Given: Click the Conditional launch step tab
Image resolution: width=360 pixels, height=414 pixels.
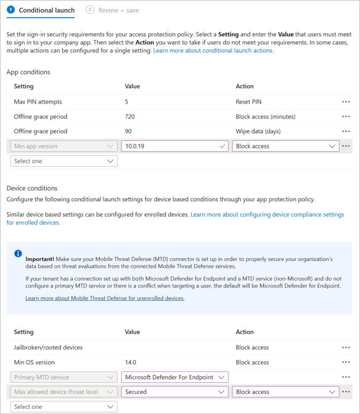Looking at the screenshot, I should pos(46,10).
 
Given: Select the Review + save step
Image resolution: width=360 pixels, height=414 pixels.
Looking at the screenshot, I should pos(117,10).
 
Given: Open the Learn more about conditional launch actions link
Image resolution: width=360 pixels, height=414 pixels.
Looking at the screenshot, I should pos(213,51).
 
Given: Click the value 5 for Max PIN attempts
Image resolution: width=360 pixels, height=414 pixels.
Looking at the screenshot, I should pos(127,102).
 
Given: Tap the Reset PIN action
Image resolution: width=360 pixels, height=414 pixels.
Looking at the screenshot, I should pos(248,102).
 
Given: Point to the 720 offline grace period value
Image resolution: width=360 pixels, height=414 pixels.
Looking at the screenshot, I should pos(130,117).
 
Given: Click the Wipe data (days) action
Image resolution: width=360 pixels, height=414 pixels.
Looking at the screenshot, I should pos(258,131).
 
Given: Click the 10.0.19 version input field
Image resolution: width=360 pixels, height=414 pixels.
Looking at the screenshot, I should pos(167,146).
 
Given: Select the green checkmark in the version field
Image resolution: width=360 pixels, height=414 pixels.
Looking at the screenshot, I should pos(223,146).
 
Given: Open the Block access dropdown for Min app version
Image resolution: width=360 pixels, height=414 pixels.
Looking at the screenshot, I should pos(285,146).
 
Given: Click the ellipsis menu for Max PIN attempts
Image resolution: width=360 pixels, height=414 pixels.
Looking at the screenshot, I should pos(346,102).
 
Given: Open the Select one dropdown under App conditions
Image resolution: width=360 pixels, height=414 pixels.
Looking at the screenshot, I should pos(64,161).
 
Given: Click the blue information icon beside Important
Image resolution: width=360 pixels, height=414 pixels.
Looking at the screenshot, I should pos(18,254).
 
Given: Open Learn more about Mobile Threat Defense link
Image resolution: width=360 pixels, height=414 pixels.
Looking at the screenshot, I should pos(105,298).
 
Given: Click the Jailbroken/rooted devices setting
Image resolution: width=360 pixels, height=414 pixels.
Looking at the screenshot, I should pos(48,347).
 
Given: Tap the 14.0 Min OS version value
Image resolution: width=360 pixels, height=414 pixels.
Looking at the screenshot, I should pos(131,362).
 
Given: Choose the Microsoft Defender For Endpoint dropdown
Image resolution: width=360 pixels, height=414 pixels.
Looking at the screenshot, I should pos(175,377).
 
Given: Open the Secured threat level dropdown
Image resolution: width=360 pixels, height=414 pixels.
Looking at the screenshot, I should pos(175,392).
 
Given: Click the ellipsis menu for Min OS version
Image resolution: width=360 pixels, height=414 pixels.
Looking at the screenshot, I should pos(346,362).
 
